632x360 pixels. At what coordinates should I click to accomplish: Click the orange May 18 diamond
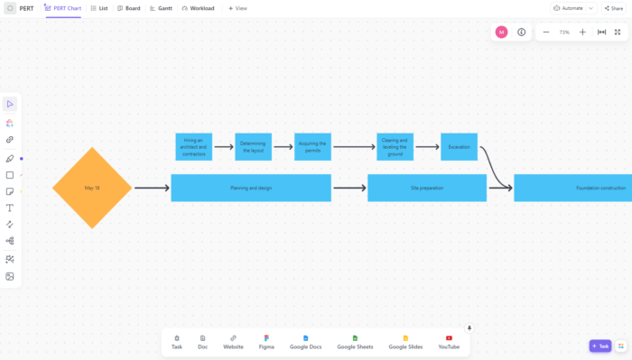92,188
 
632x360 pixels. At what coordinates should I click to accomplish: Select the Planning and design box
251,188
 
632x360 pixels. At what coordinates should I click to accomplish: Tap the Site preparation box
427,188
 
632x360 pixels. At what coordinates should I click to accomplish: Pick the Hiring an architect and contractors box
194,147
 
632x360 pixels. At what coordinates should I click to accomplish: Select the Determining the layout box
253,147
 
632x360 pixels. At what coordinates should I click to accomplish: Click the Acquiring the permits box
313,147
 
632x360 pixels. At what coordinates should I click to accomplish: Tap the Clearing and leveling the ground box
395,147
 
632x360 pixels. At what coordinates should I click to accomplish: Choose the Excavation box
459,147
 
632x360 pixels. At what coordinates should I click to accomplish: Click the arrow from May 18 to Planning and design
152,188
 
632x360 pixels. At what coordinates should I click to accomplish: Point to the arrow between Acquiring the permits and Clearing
354,147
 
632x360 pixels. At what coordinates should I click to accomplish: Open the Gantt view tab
161,8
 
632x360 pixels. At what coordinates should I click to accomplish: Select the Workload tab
198,8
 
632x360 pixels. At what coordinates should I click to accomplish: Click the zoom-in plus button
582,32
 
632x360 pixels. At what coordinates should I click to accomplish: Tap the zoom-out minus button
546,32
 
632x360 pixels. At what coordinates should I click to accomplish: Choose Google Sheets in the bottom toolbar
355,342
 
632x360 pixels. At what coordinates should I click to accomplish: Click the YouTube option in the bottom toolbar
449,342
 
